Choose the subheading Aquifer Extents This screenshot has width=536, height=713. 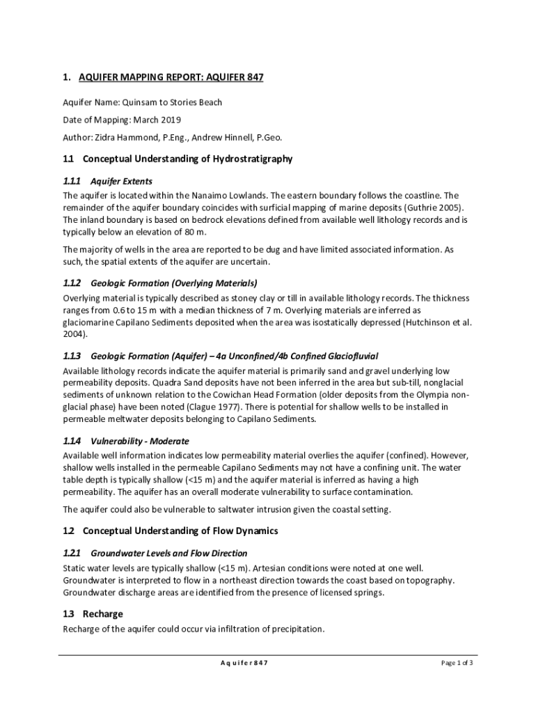coord(121,181)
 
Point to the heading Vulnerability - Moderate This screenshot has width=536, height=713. coord(140,441)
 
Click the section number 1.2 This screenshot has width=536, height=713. coord(68,531)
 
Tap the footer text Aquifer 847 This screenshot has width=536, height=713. coord(239,663)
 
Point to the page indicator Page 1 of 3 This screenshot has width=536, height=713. coord(457,663)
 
